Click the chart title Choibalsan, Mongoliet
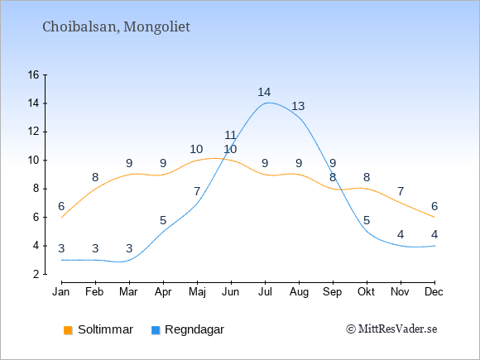116,27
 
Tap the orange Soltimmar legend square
68,330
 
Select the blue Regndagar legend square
156,330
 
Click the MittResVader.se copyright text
391,329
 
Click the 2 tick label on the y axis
36,274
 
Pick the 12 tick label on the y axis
34,132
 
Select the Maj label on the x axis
197,292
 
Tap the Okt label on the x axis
367,292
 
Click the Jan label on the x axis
61,292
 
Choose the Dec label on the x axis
434,292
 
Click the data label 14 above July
264,92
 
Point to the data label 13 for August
298,106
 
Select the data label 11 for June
231,135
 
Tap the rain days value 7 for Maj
197,192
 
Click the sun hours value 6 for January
61,206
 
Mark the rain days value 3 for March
129,248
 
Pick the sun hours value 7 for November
401,192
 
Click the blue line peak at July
269,103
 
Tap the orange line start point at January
62,218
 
